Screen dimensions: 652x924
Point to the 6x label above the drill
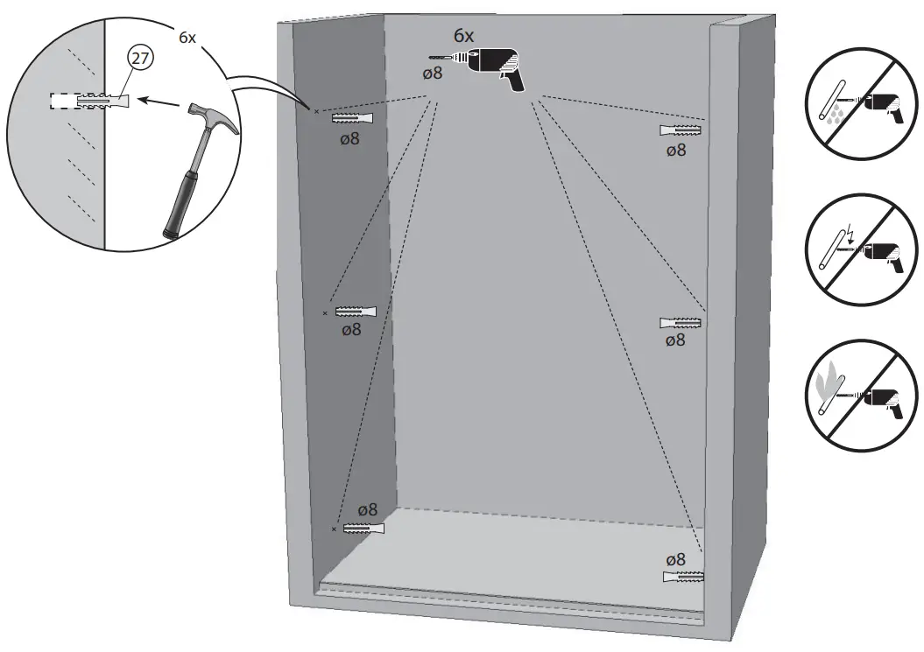click(x=463, y=36)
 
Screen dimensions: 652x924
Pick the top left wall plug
click(x=353, y=119)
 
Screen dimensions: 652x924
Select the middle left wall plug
click(x=356, y=312)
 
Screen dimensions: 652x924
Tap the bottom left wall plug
click(x=363, y=529)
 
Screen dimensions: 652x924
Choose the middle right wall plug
click(x=681, y=323)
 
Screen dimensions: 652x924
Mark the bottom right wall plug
click(x=685, y=578)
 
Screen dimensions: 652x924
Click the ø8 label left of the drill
click(x=433, y=74)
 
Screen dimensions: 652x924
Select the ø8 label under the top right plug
click(x=675, y=150)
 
